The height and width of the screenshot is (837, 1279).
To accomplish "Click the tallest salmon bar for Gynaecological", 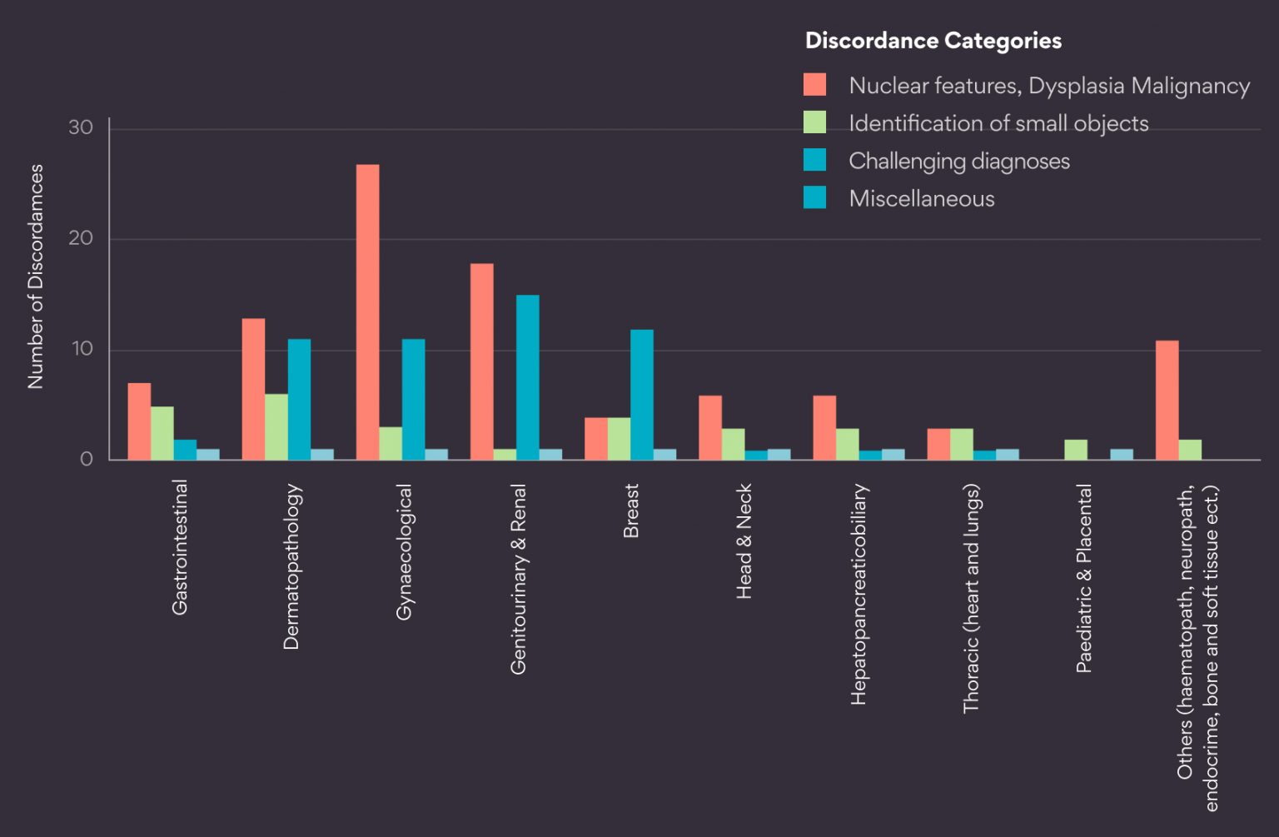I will pos(367,311).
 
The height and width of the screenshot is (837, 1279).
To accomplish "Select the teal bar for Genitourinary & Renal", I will pos(527,376).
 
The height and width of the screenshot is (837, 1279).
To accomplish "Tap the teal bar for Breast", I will pos(641,394).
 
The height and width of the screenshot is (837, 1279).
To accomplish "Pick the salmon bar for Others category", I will pos(1167,400).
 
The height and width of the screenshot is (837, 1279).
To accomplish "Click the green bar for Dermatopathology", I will pos(276,426).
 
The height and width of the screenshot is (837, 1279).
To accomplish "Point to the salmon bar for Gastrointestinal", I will pos(139,421).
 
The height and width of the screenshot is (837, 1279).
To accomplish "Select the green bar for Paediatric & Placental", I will pos(1075,450).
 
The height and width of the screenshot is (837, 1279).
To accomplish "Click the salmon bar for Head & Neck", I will pos(709,427).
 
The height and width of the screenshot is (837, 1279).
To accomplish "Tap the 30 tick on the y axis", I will pos(81,127).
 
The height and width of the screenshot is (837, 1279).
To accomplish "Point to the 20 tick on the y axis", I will pos(81,238).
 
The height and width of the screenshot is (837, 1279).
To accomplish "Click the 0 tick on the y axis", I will pos(86,459).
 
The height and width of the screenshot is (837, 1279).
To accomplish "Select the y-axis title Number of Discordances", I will pos(35,277).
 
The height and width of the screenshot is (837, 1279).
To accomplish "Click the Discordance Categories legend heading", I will pos(933,41).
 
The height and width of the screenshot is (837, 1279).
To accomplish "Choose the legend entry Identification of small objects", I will pos(998,123).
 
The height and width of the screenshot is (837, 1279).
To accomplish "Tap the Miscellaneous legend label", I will pos(921,198).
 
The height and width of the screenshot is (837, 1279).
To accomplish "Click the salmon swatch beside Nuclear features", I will pos(814,85).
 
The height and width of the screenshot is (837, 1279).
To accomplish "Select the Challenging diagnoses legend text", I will pos(958,161).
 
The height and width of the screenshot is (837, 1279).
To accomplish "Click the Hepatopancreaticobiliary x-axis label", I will pos(858,594).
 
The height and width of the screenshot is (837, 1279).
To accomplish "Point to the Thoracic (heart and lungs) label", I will pos(971,598).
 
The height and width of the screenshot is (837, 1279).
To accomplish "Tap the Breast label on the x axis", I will pos(631,511).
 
